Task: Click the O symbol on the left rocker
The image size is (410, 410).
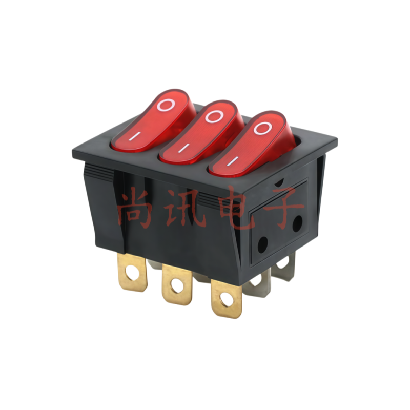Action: click(167, 105)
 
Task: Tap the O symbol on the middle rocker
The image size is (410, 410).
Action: click(214, 116)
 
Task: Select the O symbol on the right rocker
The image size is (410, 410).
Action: click(263, 128)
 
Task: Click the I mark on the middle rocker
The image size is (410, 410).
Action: click(184, 148)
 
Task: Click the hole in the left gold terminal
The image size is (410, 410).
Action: click(132, 274)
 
